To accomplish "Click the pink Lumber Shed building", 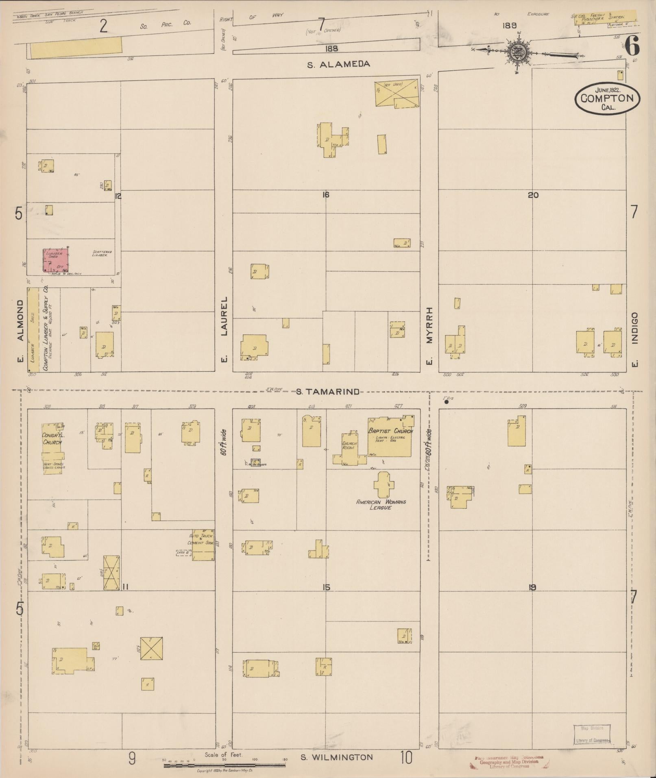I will click(56, 260).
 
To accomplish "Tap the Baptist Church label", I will click(390, 431).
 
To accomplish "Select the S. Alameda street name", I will click(338, 64).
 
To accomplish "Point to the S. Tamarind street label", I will click(327, 392).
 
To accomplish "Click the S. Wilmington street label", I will click(337, 757).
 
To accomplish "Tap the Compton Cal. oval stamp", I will click(607, 98).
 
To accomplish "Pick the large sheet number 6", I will click(632, 46).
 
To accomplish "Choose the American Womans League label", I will click(381, 505).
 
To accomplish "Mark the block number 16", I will click(325, 195).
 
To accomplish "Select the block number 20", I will click(533, 195).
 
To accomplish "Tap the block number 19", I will click(532, 587).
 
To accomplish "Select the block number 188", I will click(331, 48).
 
